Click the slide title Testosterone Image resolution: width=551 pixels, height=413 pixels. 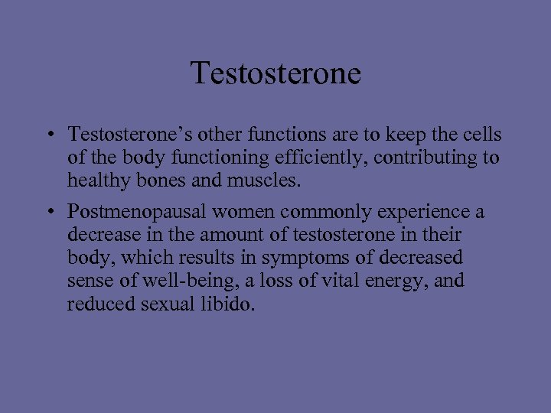275,73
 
